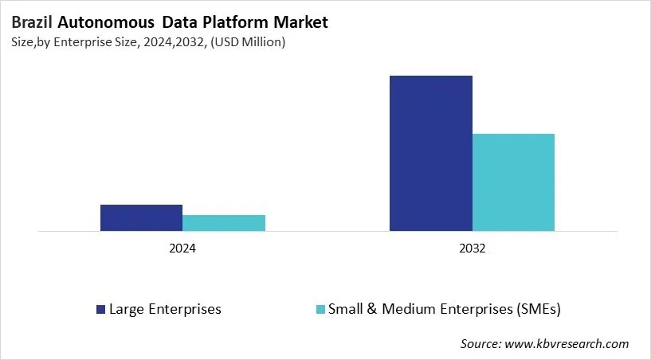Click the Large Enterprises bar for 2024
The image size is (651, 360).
141,218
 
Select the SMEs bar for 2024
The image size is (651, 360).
224,223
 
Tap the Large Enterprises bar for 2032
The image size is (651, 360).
431,154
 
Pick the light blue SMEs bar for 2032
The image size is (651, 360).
513,182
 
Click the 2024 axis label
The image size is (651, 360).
182,248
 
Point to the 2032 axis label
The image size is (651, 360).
473,248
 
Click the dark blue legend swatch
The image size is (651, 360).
100,309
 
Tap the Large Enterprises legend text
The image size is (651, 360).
165,308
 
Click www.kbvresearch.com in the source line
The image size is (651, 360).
567,344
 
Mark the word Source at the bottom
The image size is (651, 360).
480,344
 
